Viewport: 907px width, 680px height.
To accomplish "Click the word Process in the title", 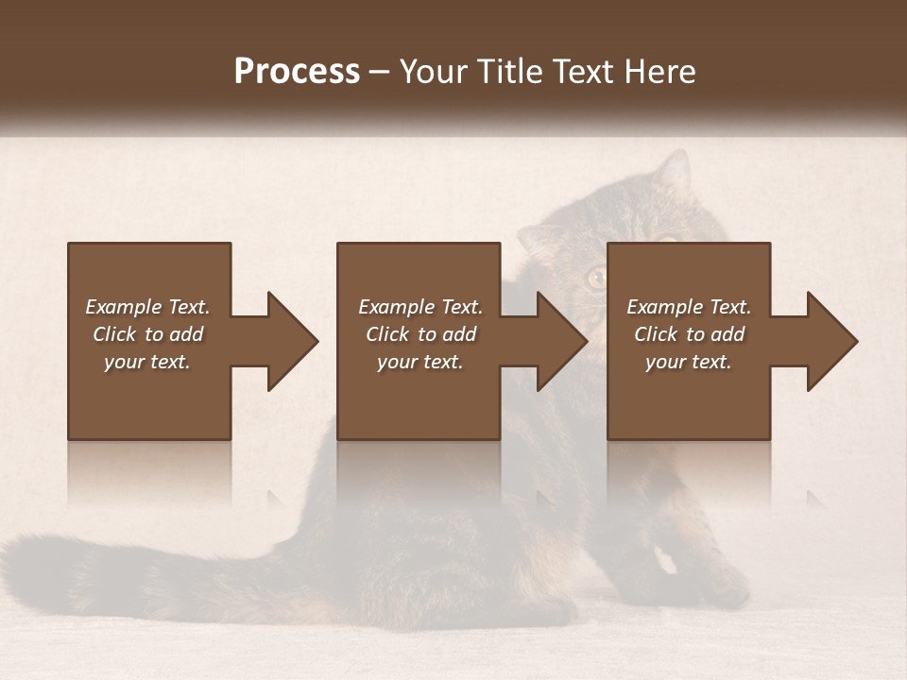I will [297, 72].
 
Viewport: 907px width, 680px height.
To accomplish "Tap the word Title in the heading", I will [507, 72].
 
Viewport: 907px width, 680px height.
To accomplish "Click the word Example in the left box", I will [124, 307].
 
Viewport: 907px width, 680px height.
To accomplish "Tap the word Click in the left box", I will [115, 334].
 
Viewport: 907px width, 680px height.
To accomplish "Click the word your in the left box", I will [124, 362].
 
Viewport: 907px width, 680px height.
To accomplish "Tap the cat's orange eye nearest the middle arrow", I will [596, 278].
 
